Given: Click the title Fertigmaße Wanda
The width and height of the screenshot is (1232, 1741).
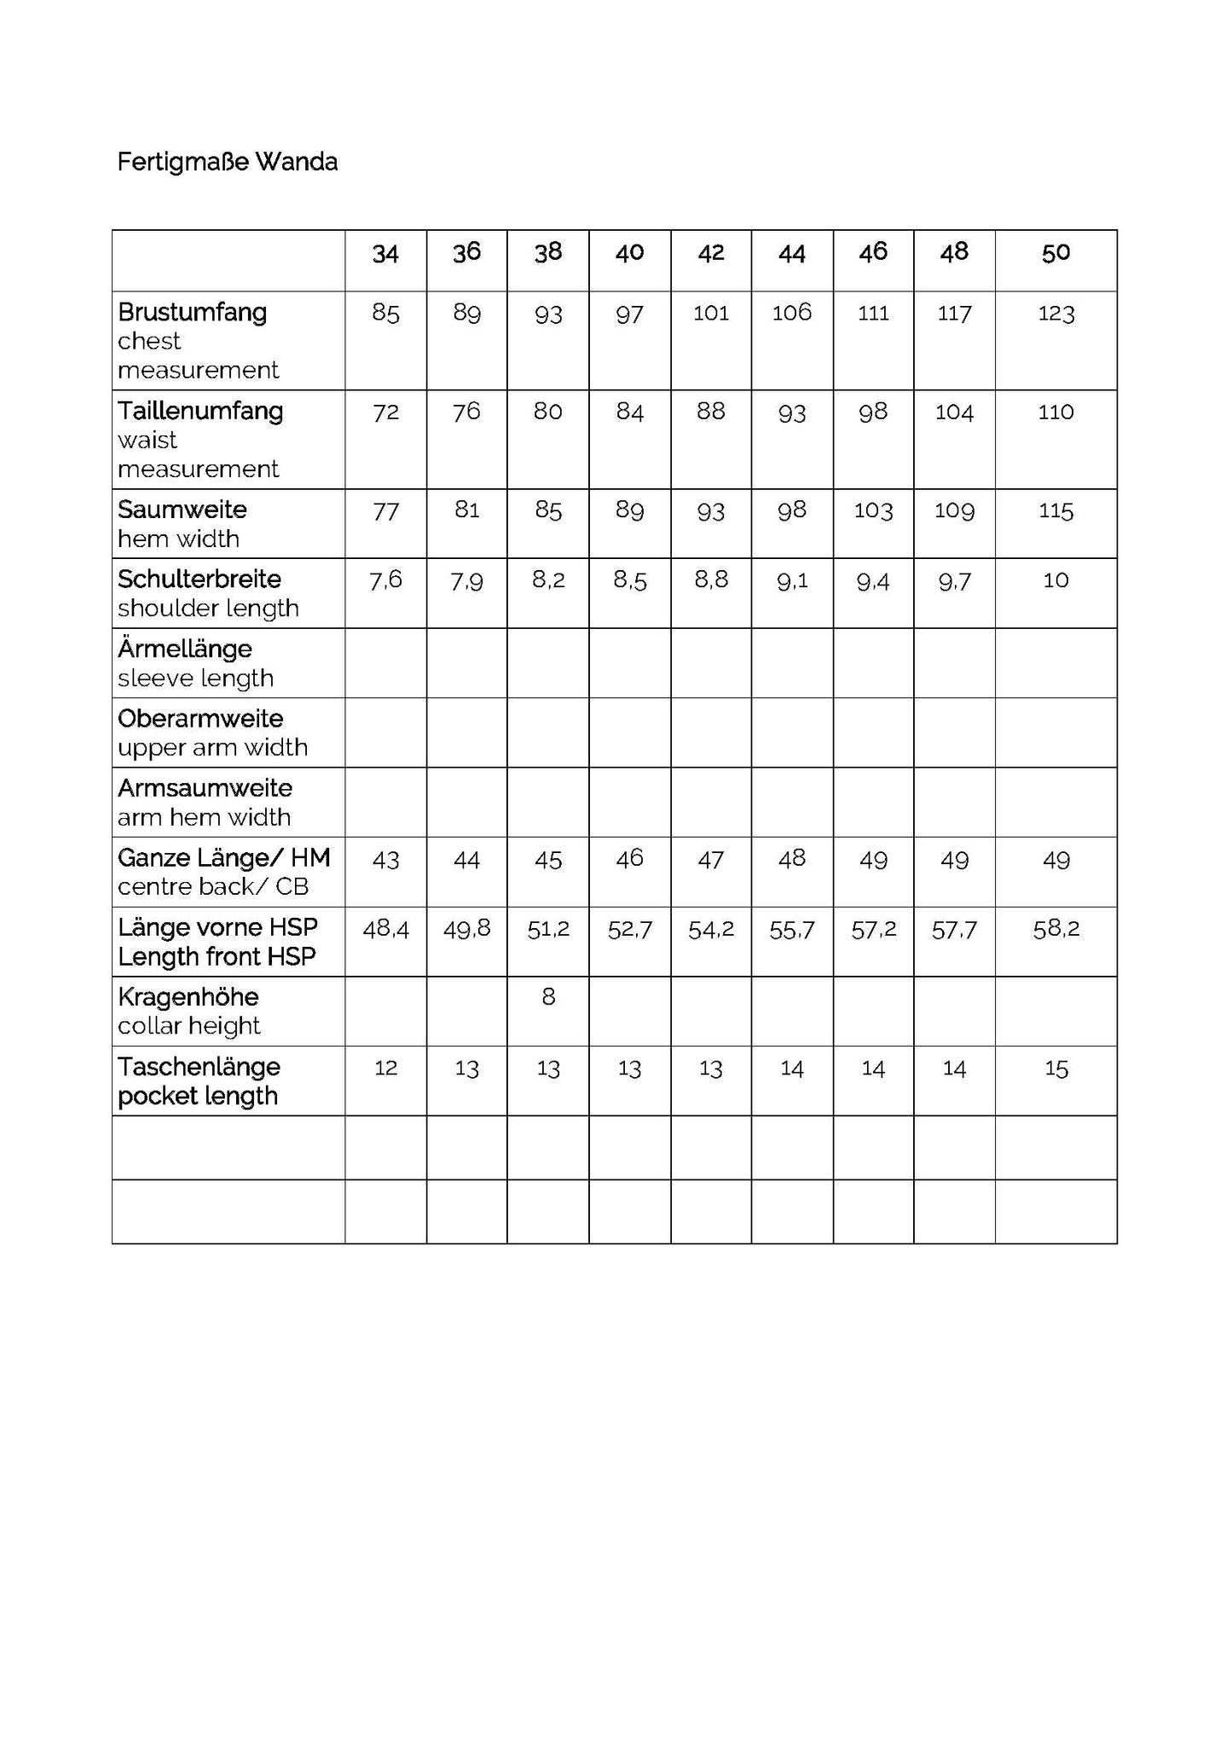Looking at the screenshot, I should pos(227,162).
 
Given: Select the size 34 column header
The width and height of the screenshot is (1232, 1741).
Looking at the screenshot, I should pos(385,254).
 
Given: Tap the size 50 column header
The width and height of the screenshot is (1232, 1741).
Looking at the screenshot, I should pos(1056,253).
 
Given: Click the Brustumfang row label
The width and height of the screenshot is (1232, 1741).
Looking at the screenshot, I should pos(193,313).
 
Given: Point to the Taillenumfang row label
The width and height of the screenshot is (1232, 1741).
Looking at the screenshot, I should pos(200,412).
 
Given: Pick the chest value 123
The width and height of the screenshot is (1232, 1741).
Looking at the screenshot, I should pos(1056,314).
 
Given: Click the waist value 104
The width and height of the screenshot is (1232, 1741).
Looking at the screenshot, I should pos(954,412).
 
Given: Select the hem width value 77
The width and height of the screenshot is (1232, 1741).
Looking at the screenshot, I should pos(385,511).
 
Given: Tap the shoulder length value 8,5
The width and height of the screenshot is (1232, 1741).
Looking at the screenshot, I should pos(629,581).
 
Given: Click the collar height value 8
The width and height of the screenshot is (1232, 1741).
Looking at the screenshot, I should pos(548,997).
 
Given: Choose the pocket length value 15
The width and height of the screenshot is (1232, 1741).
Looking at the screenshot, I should pos(1056,1069).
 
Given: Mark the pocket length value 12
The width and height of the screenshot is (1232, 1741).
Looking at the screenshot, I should pos(385,1068).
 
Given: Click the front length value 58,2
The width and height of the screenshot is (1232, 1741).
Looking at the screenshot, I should pos(1056,929).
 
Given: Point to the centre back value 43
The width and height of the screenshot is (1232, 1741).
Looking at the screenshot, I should pos(385,860).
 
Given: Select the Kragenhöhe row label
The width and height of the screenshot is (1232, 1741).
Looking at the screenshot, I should pos(188,997).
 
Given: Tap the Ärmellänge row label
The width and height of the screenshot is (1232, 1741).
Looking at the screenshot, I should pos(185,649).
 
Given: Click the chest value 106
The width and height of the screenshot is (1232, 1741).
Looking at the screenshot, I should pos(791,313).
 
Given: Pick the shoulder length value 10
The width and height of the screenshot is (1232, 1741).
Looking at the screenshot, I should pos(1056,580).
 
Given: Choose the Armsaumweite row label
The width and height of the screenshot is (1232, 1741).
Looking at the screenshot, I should pos(205,788).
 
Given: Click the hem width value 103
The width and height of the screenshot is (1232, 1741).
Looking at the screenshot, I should pos(873,511).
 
